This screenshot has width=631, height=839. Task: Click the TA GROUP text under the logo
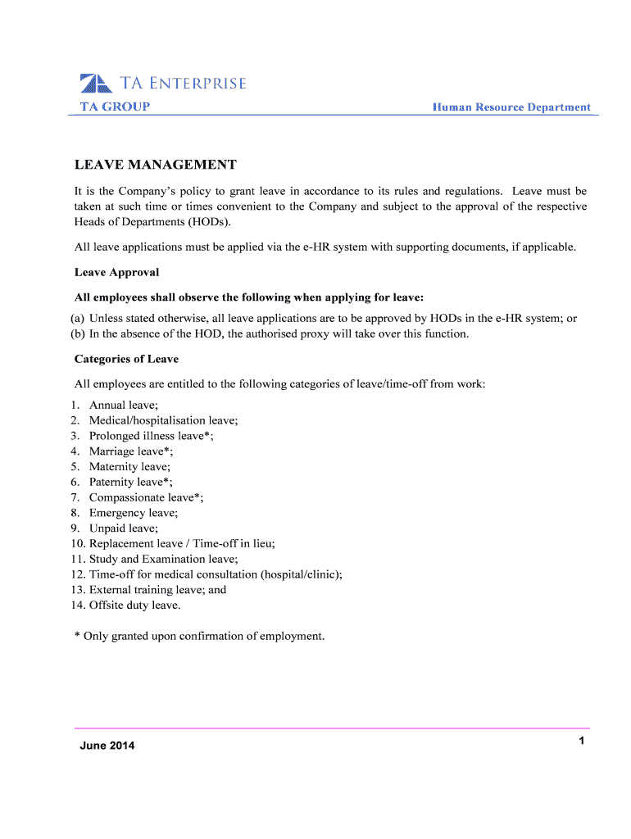click(115, 107)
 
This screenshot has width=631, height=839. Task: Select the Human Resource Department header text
click(511, 107)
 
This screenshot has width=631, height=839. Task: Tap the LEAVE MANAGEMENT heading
click(156, 166)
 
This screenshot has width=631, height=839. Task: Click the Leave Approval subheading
click(116, 272)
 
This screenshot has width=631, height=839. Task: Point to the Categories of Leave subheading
click(126, 359)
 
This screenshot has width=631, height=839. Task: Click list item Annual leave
click(124, 405)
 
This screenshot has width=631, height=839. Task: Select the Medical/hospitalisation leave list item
click(164, 420)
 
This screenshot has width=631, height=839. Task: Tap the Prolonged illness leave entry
click(152, 436)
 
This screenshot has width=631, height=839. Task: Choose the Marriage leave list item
click(131, 451)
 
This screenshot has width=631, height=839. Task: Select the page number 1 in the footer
click(581, 741)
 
